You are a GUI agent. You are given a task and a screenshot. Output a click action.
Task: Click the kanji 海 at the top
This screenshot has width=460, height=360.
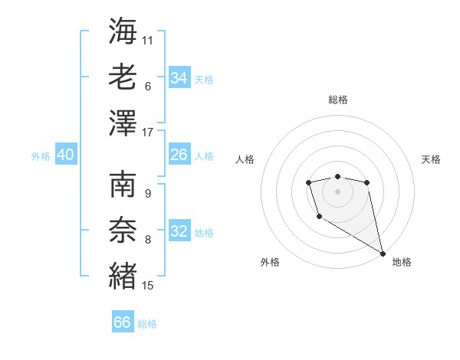coord(123,31)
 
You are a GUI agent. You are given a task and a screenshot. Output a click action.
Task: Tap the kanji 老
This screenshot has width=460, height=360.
coord(123,76)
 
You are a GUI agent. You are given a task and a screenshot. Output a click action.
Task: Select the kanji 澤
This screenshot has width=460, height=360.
coord(123,123)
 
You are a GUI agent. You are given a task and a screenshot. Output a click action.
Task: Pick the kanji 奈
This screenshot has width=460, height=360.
coord(123,229)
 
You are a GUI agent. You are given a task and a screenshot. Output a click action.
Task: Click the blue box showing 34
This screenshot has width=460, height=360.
coord(179,78)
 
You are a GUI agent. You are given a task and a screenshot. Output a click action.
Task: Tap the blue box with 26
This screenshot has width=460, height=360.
coord(179,155)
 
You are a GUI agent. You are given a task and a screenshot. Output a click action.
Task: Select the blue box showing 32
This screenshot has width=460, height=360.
coord(179,231)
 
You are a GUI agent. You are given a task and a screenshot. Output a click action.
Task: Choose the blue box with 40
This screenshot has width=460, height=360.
coord(65,155)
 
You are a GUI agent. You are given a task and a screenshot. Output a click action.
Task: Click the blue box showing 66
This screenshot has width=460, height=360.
coord(123,322)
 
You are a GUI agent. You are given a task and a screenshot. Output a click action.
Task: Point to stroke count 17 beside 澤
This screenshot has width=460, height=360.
coord(148,133)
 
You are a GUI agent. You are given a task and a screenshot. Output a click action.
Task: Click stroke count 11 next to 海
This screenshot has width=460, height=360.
coord(148,40)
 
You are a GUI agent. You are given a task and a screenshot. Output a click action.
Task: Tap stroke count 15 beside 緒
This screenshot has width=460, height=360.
coord(148,286)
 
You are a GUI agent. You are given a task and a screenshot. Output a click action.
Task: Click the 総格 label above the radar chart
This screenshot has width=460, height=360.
coord(338,100)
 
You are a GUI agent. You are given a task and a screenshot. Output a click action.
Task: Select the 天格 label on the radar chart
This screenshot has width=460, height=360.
coord(431,159)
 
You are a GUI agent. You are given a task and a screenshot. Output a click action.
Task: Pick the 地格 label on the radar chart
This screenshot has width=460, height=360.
coord(402,262)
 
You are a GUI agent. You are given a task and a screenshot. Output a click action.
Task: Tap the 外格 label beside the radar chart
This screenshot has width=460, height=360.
coord(270,262)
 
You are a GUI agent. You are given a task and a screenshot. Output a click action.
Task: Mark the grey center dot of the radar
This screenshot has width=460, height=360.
coord(337,191)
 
